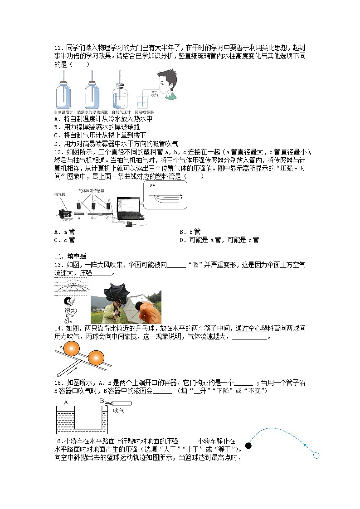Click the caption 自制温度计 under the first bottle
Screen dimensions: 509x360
[63, 112]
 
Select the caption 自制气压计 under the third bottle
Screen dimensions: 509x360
[121, 112]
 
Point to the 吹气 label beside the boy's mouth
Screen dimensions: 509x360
[154, 95]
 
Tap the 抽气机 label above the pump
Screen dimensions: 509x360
[60, 194]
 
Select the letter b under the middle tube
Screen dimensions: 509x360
[92, 218]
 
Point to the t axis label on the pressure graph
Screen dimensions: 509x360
[181, 199]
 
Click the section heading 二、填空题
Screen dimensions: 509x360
[67, 257]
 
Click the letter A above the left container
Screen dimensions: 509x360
[66, 402]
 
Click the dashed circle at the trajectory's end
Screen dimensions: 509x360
[316, 456]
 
